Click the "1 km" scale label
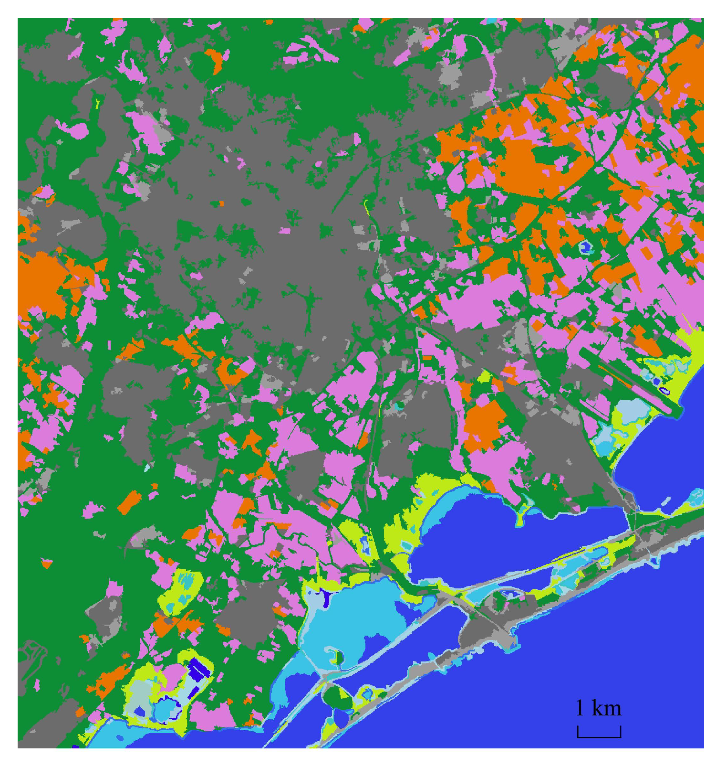[599, 708]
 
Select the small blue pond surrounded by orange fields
[585, 247]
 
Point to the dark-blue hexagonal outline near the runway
[664, 391]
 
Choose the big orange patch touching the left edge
[41, 282]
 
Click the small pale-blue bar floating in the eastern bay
[666, 501]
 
